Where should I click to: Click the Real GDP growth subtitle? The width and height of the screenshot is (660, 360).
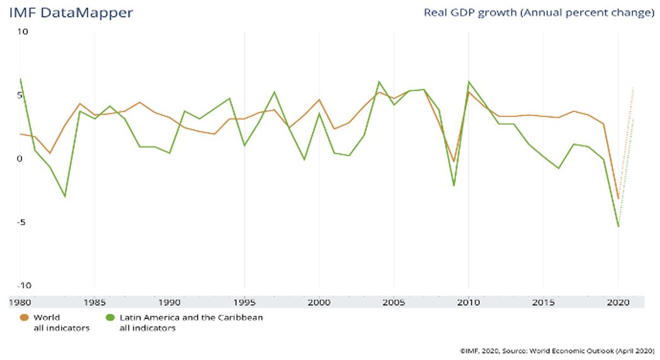tap(538, 13)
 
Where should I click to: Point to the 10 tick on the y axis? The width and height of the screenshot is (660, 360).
tap(23, 31)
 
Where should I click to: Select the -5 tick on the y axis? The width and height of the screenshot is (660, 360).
tap(23, 222)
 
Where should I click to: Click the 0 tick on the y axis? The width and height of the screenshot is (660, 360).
tap(19, 159)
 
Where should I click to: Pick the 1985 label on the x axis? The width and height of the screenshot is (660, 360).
tap(94, 302)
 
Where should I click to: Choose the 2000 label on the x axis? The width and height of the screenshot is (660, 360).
tap(319, 302)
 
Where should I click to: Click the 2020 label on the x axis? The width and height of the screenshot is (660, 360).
tap(618, 302)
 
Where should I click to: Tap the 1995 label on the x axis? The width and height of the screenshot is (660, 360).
tap(244, 302)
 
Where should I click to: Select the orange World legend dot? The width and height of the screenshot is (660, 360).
tap(24, 318)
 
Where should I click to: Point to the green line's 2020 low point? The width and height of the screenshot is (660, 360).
tap(618, 226)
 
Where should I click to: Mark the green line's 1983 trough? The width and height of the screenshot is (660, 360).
tap(64, 196)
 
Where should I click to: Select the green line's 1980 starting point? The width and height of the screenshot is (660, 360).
tap(20, 79)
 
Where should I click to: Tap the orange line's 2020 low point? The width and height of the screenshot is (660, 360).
tap(618, 199)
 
